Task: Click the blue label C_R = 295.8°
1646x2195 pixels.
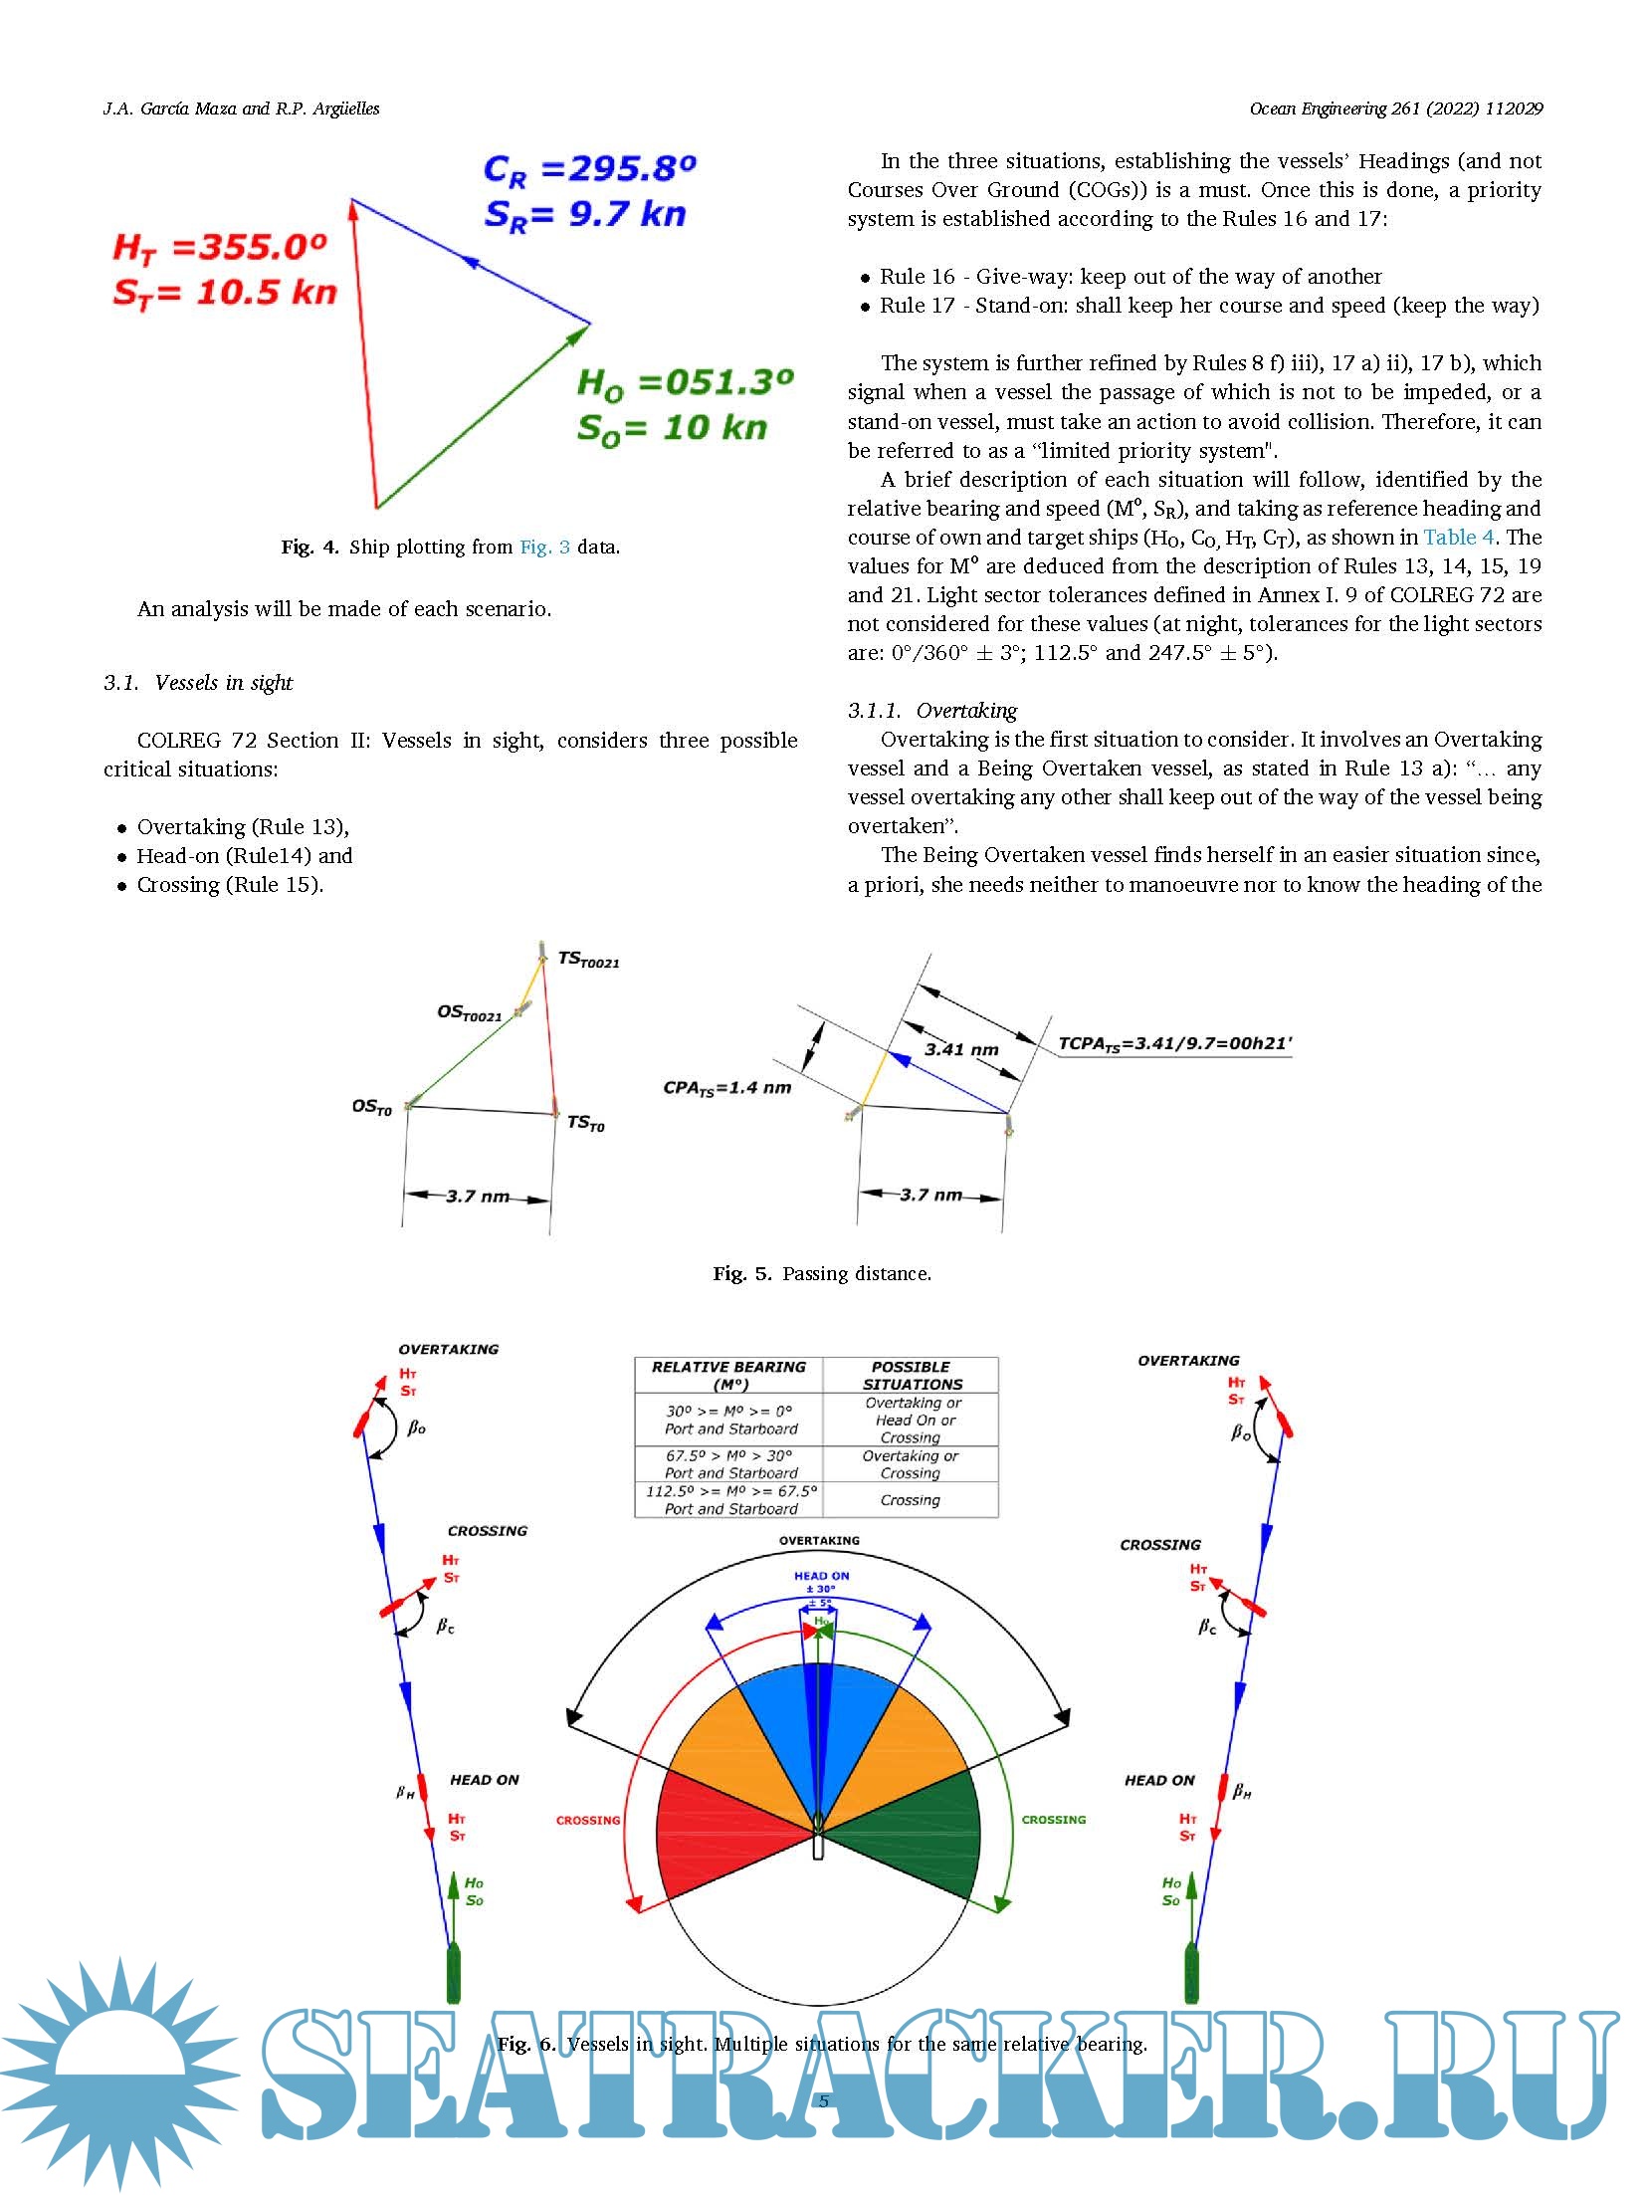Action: [589, 169]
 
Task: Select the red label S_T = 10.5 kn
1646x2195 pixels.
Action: [225, 293]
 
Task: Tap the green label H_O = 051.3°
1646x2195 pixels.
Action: [685, 383]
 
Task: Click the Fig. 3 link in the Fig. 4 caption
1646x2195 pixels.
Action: [544, 547]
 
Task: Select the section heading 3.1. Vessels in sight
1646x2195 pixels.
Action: [198, 683]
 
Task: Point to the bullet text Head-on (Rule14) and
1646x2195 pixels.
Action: [244, 856]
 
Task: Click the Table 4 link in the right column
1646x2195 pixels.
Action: [1458, 538]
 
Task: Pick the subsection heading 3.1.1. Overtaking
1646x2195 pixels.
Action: [931, 711]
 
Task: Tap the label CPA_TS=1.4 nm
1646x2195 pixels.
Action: [726, 1088]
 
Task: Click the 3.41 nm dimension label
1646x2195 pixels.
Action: [960, 1049]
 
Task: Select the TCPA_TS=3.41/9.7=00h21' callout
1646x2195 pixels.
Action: [1174, 1043]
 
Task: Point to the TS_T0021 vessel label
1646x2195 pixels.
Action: [588, 960]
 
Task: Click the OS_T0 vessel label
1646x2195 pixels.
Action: [371, 1107]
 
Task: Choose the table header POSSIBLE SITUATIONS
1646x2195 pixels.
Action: [911, 1375]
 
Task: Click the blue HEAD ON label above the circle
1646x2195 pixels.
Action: [821, 1576]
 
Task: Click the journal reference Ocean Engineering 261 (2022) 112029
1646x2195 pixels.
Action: [1395, 109]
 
